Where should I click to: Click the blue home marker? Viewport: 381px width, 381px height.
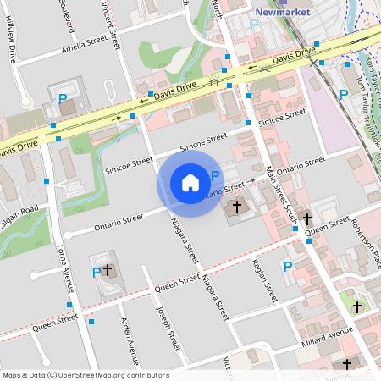190,182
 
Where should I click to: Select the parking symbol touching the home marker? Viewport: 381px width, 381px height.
215,175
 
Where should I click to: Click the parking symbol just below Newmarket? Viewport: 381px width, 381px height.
255,25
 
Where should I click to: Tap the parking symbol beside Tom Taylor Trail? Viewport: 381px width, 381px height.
343,94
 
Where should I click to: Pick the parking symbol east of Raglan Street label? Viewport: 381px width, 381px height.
287,267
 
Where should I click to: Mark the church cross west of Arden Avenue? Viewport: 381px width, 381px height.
108,269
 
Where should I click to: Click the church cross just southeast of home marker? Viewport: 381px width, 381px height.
237,206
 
